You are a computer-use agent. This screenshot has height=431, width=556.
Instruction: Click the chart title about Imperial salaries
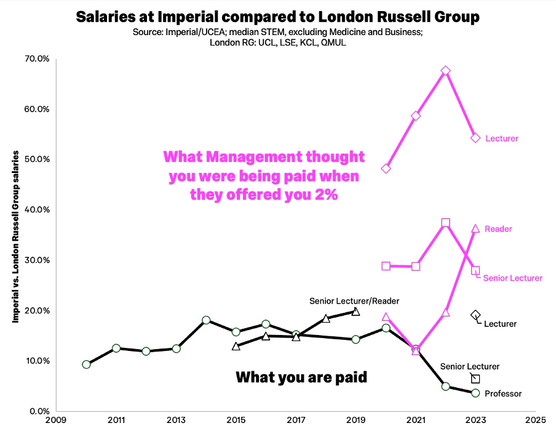(x=277, y=17)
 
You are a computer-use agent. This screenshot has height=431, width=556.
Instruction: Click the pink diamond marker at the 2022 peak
(x=446, y=71)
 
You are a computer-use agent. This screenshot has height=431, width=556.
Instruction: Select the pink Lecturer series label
(x=502, y=139)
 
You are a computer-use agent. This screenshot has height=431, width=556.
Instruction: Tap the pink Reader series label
(x=499, y=229)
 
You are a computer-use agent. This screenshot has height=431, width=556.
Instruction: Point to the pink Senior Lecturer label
(x=513, y=278)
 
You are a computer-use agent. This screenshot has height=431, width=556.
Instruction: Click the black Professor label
(x=503, y=393)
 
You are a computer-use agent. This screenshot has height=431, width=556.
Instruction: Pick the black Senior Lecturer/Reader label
(x=354, y=301)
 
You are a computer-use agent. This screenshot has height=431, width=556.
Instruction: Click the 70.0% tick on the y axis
(x=36, y=59)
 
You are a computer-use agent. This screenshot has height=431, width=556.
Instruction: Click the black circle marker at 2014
(x=206, y=320)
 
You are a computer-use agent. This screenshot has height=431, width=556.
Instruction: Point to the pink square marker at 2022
(x=446, y=223)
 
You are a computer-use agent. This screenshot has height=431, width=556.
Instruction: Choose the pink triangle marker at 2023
(x=475, y=228)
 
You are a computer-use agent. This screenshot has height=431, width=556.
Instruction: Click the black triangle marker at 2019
(x=355, y=312)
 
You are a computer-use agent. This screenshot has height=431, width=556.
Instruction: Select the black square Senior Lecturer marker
(x=475, y=379)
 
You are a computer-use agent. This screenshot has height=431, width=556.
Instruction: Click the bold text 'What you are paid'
(x=301, y=377)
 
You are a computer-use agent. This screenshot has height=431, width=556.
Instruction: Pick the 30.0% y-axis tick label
(x=36, y=260)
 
